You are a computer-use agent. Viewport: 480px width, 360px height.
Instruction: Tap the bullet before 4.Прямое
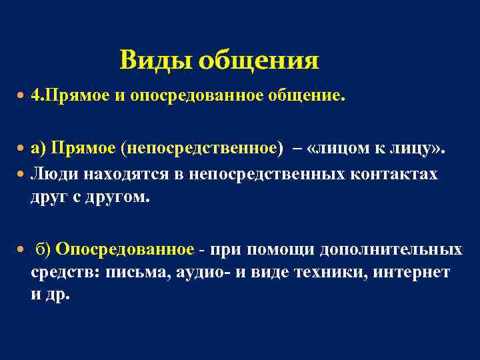click(21, 96)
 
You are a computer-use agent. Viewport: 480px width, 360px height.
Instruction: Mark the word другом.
click(121, 198)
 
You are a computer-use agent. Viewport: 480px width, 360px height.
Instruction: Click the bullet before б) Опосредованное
click(21, 249)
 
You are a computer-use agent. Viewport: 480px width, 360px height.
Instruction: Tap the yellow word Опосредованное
click(125, 249)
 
